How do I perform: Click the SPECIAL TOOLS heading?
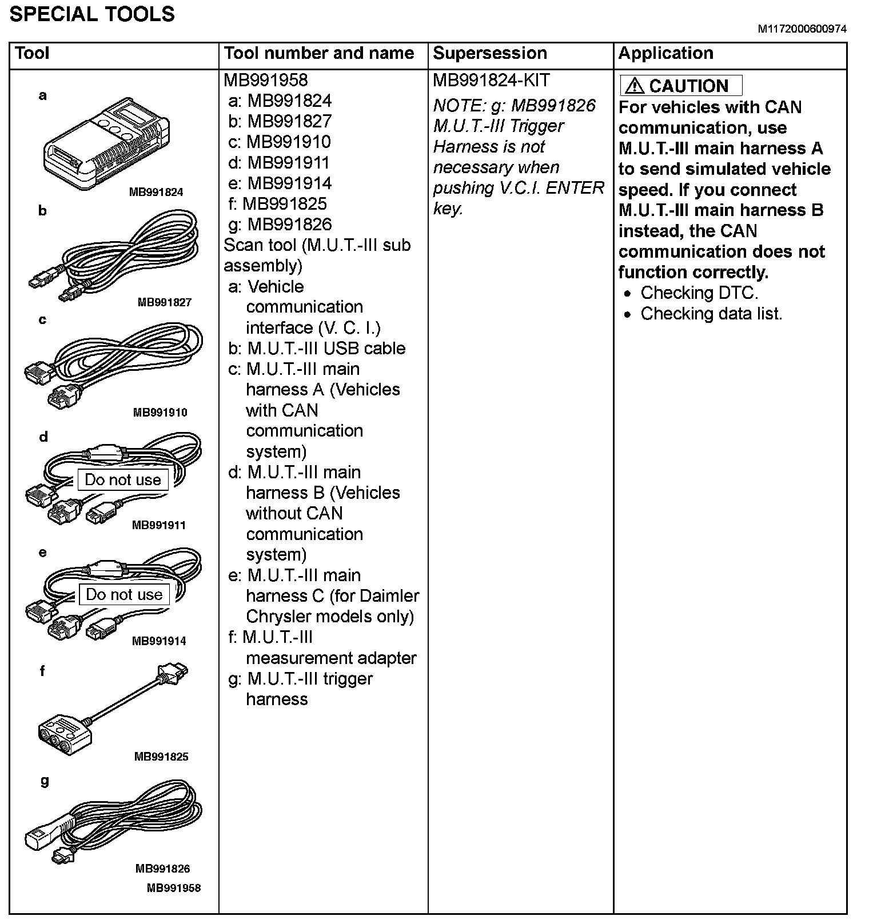click(92, 14)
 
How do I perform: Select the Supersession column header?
click(489, 53)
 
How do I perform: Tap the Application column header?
click(665, 53)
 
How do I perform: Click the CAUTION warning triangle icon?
click(634, 86)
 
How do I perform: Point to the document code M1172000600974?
click(802, 29)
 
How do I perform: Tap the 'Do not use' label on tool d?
click(123, 480)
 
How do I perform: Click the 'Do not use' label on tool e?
click(124, 595)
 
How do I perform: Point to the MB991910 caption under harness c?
click(160, 413)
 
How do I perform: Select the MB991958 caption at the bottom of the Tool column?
click(174, 888)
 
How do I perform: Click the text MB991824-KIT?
click(491, 81)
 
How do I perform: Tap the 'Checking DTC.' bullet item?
click(699, 293)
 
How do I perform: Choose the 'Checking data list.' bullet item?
click(711, 314)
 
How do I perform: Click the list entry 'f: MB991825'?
click(277, 204)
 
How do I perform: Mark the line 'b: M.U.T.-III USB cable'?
click(317, 349)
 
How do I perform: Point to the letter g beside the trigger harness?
click(45, 781)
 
